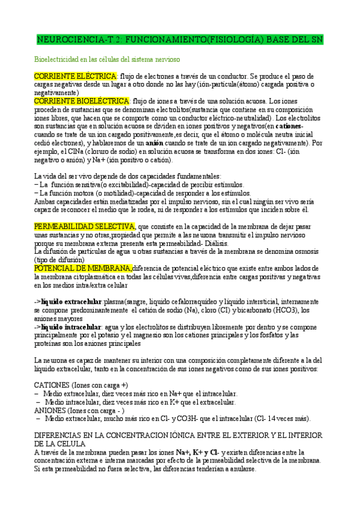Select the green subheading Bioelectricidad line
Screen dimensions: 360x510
[x=108, y=60]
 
